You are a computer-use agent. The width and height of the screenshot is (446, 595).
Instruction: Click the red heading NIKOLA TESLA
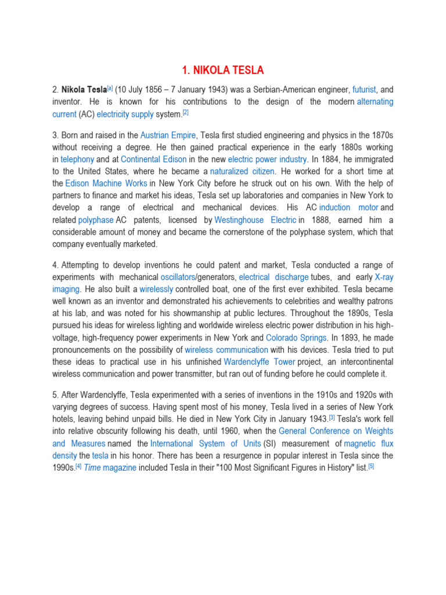pyautogui.click(x=222, y=70)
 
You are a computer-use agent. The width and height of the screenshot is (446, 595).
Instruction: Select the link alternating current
pyautogui.click(x=375, y=102)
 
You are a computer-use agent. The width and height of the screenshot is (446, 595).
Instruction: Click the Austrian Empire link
pyautogui.click(x=168, y=135)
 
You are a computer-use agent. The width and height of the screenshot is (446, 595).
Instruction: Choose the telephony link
pyautogui.click(x=77, y=159)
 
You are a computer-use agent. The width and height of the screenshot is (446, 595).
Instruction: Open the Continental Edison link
pyautogui.click(x=154, y=159)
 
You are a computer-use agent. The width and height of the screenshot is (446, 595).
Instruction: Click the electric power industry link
pyautogui.click(x=267, y=159)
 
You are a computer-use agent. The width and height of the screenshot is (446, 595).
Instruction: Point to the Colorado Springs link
pyautogui.click(x=296, y=338)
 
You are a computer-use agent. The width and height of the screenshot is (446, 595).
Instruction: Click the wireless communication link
pyautogui.click(x=226, y=350)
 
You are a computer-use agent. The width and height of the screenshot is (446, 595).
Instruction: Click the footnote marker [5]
pyautogui.click(x=371, y=466)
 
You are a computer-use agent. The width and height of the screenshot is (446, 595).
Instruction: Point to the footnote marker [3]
pyautogui.click(x=332, y=417)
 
